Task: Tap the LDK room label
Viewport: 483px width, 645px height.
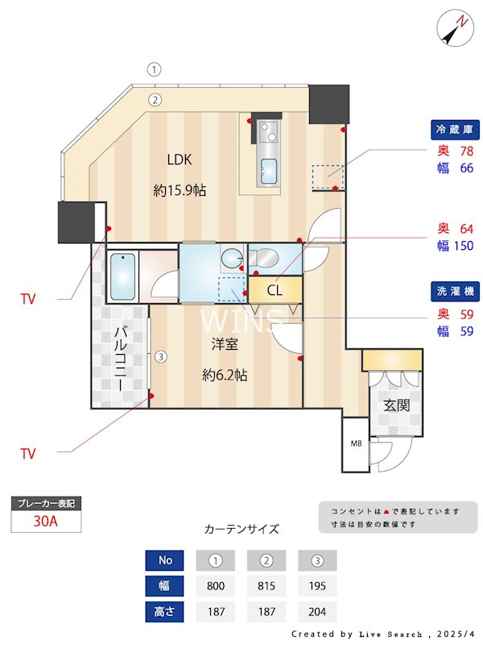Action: pyautogui.click(x=179, y=159)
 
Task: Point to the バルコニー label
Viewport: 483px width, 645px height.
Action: pyautogui.click(x=120, y=358)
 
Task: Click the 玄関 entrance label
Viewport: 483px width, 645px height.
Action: pyautogui.click(x=396, y=405)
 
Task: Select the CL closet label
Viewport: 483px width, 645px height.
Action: pyautogui.click(x=275, y=290)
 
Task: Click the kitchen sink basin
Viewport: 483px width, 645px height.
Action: pyautogui.click(x=268, y=170)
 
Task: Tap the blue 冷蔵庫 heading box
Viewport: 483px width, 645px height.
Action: pyautogui.click(x=456, y=129)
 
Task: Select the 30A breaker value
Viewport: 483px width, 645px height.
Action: pyautogui.click(x=46, y=521)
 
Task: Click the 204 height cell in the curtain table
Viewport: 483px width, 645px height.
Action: pyautogui.click(x=317, y=611)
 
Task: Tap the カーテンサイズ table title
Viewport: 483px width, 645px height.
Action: pyautogui.click(x=242, y=529)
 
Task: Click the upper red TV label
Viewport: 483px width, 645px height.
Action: pyautogui.click(x=28, y=299)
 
